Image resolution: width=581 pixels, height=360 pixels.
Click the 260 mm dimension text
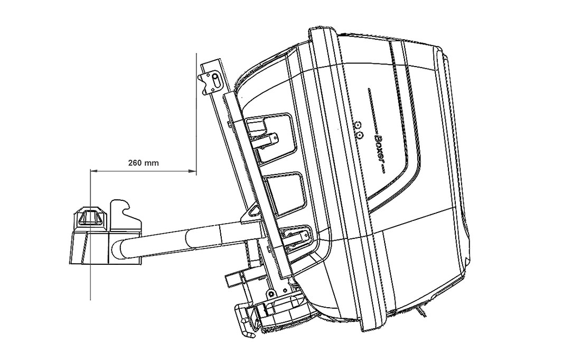coord(143,163)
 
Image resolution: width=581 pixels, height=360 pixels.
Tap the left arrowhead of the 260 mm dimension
coord(93,171)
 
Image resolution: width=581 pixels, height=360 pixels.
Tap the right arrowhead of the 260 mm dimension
coord(193,171)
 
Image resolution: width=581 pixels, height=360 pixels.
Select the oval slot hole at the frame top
coord(217,79)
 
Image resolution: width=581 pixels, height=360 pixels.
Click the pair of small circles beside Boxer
coord(359,130)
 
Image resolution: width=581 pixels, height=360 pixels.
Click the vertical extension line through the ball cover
coord(90,285)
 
